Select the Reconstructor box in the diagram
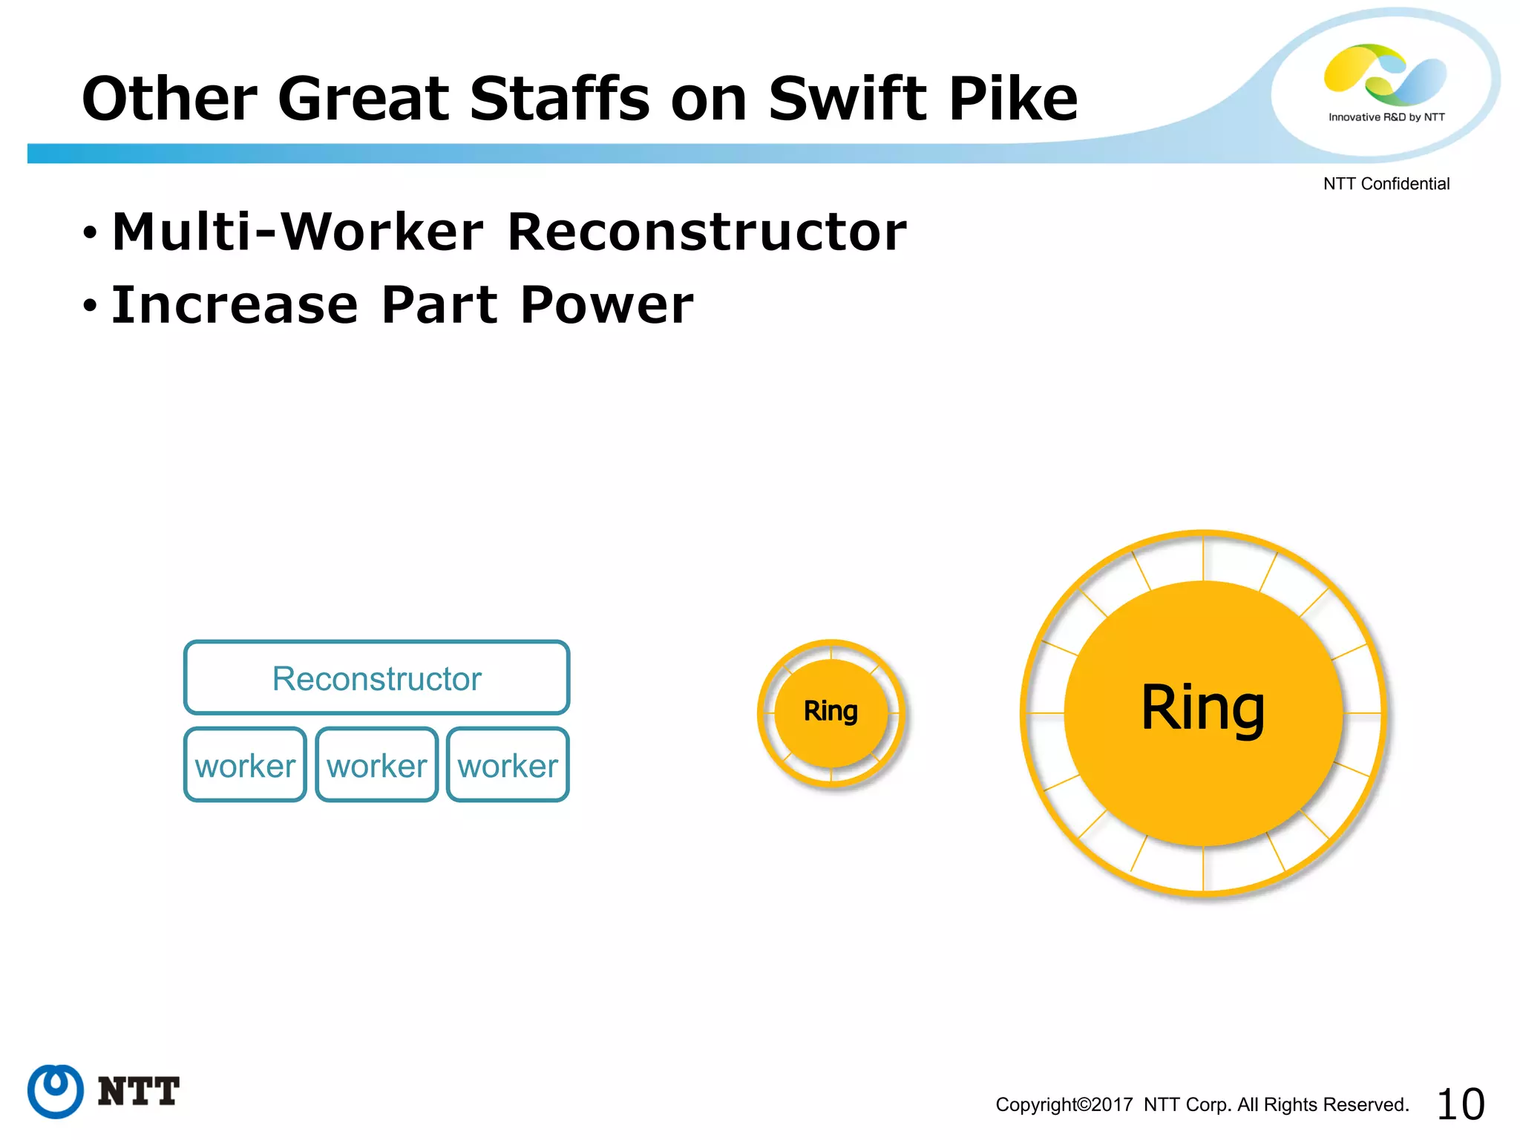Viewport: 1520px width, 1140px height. pyautogui.click(x=377, y=678)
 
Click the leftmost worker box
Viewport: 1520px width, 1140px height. pyautogui.click(x=245, y=765)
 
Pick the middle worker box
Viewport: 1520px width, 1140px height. pyautogui.click(x=377, y=765)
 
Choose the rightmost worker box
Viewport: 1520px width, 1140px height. pyautogui.click(x=508, y=765)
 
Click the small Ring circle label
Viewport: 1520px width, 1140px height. pyautogui.click(x=831, y=711)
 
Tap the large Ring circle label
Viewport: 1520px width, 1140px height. pyautogui.click(x=1203, y=709)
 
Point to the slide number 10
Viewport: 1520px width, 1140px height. pyautogui.click(x=1460, y=1104)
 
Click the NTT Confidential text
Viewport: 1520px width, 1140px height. pyautogui.click(x=1386, y=184)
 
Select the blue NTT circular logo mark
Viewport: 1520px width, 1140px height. pyautogui.click(x=55, y=1091)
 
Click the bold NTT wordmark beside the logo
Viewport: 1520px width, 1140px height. pyautogui.click(x=139, y=1092)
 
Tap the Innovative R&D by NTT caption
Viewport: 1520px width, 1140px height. pyautogui.click(x=1386, y=117)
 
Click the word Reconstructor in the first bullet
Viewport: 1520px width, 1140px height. pyautogui.click(x=707, y=232)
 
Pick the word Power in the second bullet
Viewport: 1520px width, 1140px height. pyautogui.click(x=606, y=305)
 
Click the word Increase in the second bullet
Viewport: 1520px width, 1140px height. pyautogui.click(x=235, y=305)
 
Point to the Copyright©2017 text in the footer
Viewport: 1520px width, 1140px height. pyautogui.click(x=1064, y=1105)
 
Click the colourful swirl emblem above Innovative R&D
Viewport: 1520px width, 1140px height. pyautogui.click(x=1385, y=74)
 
